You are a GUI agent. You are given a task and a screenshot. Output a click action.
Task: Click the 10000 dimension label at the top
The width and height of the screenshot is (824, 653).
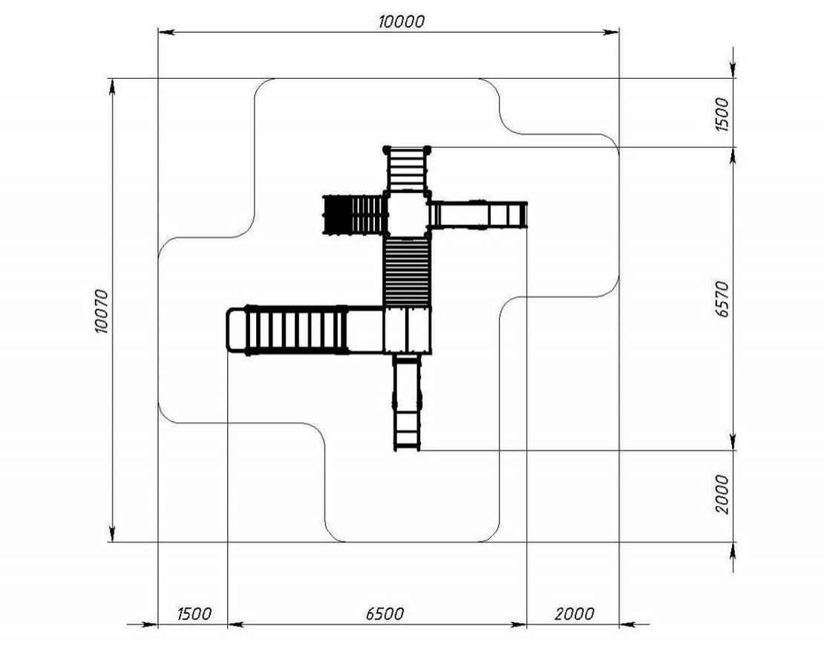tap(401, 22)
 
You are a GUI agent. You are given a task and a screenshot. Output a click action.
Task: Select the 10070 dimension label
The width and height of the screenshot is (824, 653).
tap(101, 311)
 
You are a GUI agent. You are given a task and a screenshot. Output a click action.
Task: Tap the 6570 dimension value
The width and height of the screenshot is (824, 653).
tap(722, 299)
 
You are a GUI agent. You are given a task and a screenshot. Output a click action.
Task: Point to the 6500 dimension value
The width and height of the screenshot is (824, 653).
tap(385, 614)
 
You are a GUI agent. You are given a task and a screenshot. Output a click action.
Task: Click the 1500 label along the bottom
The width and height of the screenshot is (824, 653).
tap(194, 614)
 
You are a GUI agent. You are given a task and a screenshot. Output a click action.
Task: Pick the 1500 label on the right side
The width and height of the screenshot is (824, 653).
tap(722, 114)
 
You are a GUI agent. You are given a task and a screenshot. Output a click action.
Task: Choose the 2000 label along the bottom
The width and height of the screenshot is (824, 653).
tap(575, 614)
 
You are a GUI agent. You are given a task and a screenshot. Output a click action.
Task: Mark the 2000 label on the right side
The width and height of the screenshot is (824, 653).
tap(722, 494)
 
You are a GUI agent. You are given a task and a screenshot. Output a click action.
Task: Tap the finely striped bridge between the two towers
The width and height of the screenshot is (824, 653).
tap(407, 272)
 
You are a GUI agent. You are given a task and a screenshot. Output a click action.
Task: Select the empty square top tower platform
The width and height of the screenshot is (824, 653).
tap(408, 214)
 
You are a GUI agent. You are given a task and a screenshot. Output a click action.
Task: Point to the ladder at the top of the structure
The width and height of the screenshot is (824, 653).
tap(407, 169)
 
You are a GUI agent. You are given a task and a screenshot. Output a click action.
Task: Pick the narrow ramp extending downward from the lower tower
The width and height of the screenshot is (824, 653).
tap(408, 402)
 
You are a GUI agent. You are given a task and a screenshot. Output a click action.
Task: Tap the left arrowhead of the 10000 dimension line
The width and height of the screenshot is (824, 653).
tap(166, 33)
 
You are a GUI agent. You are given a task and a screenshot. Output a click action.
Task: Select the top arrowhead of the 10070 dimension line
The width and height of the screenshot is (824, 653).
tap(112, 87)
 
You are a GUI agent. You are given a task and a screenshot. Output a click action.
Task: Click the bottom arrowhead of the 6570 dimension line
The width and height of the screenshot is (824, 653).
tap(733, 442)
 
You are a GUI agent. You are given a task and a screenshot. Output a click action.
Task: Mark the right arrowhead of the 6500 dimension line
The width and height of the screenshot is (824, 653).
tap(519, 625)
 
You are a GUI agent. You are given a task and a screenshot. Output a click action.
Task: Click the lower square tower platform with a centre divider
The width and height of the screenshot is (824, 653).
tap(408, 331)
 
